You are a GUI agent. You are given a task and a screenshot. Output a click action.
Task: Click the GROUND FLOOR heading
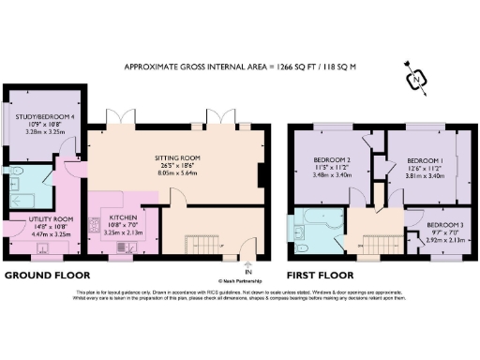(47, 276)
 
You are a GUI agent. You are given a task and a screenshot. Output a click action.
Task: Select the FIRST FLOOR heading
(322, 276)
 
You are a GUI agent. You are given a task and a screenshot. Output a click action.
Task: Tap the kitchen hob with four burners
(95, 225)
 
